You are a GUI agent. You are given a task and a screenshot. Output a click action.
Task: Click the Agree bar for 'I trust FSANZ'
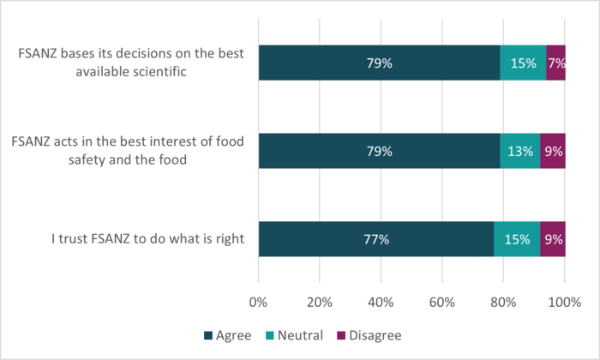click(x=376, y=239)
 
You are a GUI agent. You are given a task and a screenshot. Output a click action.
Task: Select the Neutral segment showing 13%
click(x=520, y=151)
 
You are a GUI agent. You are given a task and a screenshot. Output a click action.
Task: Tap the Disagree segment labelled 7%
click(x=555, y=63)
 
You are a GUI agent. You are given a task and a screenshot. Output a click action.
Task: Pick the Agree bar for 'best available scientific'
click(x=379, y=63)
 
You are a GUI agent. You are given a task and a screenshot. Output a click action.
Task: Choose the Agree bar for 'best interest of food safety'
click(x=379, y=151)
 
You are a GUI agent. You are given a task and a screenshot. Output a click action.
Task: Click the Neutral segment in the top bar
click(x=523, y=63)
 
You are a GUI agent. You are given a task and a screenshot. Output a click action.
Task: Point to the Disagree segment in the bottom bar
click(x=553, y=239)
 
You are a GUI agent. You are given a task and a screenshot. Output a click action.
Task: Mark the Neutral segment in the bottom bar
click(x=517, y=239)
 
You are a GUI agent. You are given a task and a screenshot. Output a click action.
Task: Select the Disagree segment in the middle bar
click(x=553, y=151)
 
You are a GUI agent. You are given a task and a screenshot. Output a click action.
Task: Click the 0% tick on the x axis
click(x=258, y=302)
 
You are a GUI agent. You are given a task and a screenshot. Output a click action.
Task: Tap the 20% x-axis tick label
click(x=319, y=302)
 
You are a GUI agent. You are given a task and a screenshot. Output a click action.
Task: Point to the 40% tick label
click(x=381, y=302)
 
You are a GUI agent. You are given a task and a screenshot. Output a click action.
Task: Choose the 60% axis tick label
click(x=442, y=302)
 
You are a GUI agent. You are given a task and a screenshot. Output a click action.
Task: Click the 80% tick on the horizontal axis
click(x=503, y=302)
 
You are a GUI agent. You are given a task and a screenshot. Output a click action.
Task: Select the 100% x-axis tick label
click(x=564, y=302)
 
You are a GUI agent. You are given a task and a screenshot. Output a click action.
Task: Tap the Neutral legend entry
click(x=293, y=335)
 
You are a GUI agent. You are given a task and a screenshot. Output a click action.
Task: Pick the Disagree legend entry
click(x=365, y=335)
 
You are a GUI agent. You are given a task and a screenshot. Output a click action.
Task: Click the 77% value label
click(x=376, y=239)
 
